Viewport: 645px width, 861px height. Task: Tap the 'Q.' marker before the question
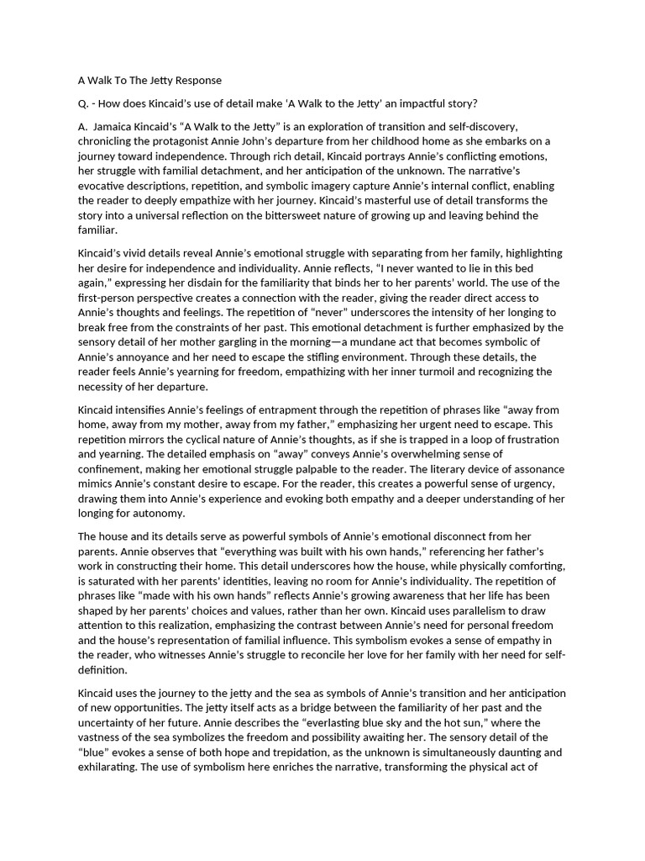click(83, 103)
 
